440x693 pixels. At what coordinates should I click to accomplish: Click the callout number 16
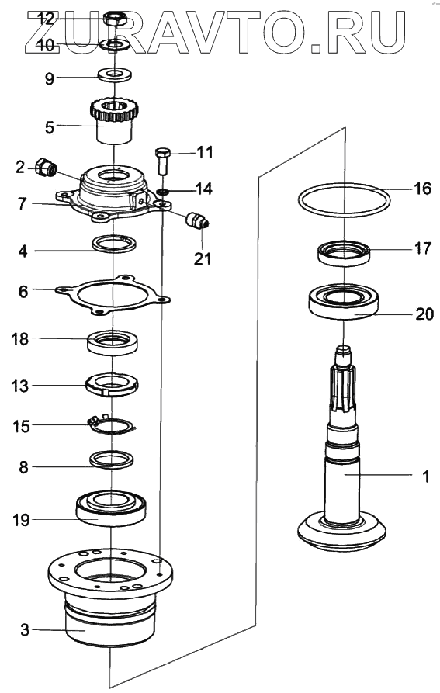coord(422,189)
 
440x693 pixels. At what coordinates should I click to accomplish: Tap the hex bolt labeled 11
coord(162,161)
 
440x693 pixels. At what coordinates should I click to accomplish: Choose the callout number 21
coord(203,259)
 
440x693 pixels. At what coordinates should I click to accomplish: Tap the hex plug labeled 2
coord(46,168)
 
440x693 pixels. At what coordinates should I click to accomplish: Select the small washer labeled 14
coord(162,192)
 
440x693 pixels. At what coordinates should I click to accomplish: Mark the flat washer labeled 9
coord(114,74)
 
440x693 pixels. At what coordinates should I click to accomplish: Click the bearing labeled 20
coord(344,303)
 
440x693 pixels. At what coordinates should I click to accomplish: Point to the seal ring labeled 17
coord(344,253)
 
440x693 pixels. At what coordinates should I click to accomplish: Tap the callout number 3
coord(25,629)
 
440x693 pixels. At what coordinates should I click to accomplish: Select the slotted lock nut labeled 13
coord(113,384)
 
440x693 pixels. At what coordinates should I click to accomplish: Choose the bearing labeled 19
coord(111,508)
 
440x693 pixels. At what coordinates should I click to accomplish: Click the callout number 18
coord(19,339)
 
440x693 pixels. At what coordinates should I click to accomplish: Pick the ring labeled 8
coord(111,459)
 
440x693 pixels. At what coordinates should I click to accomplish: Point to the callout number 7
coord(23,204)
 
